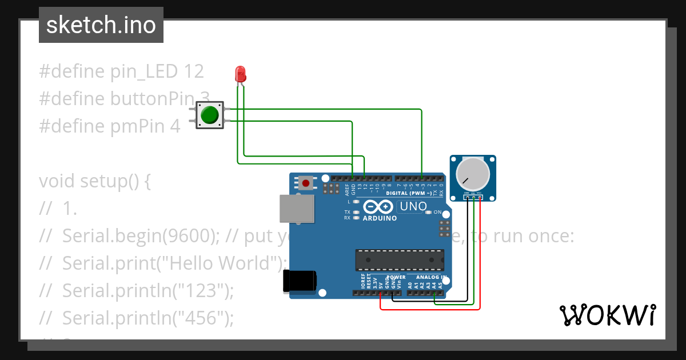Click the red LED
tap(241, 74)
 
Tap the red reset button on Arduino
tap(306, 183)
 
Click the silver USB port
tap(297, 209)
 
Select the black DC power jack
tap(301, 281)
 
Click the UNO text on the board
tap(413, 206)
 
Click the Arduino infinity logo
tap(377, 207)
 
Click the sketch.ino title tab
tap(101, 25)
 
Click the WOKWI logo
tap(607, 315)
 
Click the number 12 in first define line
tap(193, 71)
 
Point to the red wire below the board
tap(429, 309)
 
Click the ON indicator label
tap(438, 212)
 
